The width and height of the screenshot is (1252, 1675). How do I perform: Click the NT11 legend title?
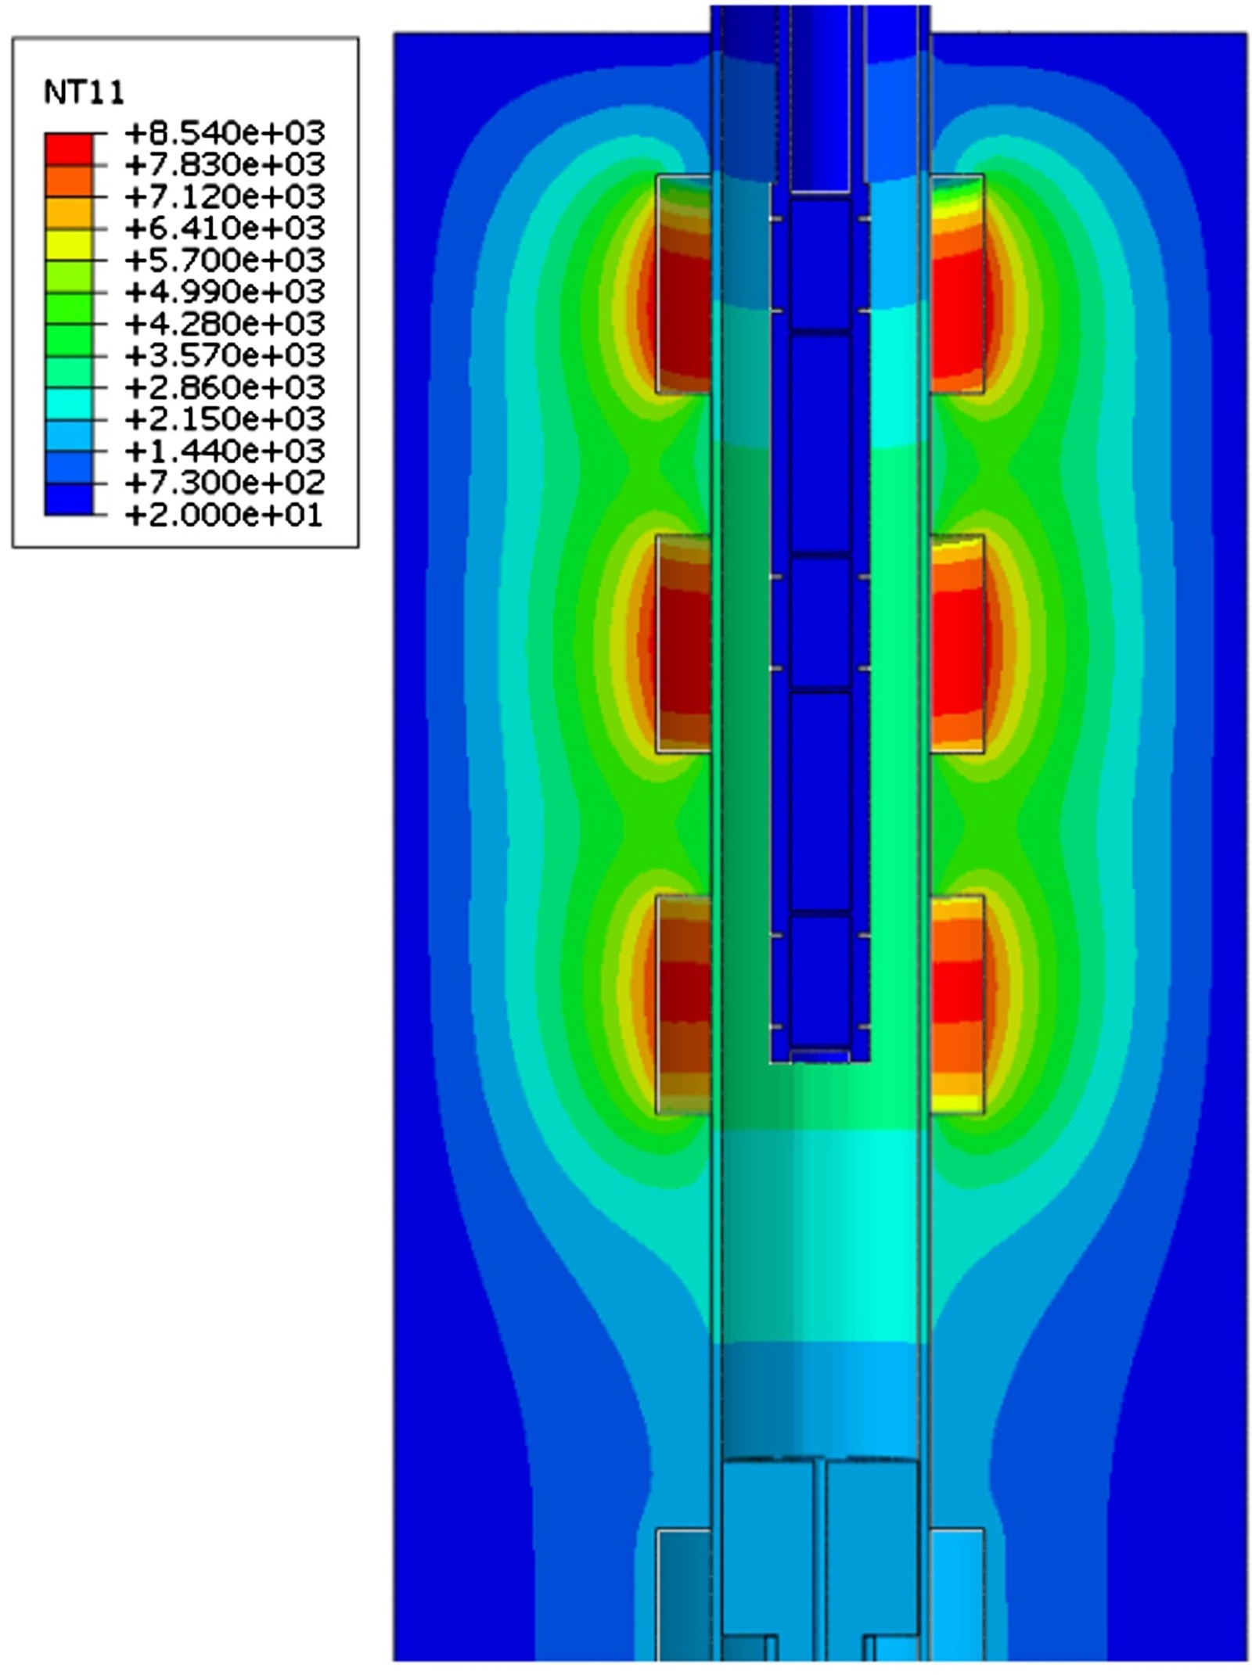click(84, 93)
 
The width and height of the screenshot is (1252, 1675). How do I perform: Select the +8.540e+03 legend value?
click(225, 133)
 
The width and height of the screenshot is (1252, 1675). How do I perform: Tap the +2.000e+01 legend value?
click(225, 515)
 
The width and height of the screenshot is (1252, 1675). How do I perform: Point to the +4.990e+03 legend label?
click(225, 292)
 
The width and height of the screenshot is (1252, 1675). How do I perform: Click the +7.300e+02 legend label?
click(225, 483)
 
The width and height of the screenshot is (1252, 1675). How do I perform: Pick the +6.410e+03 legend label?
click(225, 228)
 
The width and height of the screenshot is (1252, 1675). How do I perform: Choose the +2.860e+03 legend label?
click(225, 387)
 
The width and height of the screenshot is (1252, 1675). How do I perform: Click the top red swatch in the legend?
click(69, 149)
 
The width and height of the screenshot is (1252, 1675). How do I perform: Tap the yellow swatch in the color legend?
click(69, 244)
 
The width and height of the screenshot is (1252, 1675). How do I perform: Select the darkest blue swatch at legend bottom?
click(69, 499)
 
